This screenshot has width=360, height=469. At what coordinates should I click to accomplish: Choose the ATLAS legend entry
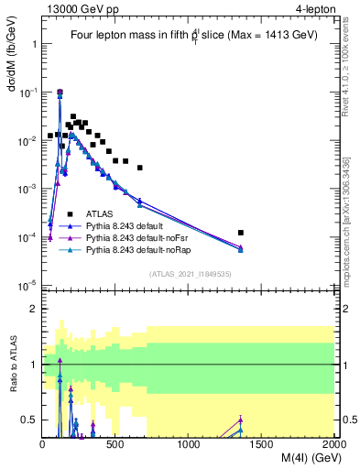[x=99, y=213]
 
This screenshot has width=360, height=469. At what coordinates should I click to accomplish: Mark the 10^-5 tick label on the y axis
[x=27, y=285]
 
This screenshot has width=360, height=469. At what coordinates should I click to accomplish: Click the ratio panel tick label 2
[x=33, y=309]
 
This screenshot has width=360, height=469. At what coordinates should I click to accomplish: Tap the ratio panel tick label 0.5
[x=29, y=420]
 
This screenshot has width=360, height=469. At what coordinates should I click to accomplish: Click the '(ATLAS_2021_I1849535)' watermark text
[x=189, y=273]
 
